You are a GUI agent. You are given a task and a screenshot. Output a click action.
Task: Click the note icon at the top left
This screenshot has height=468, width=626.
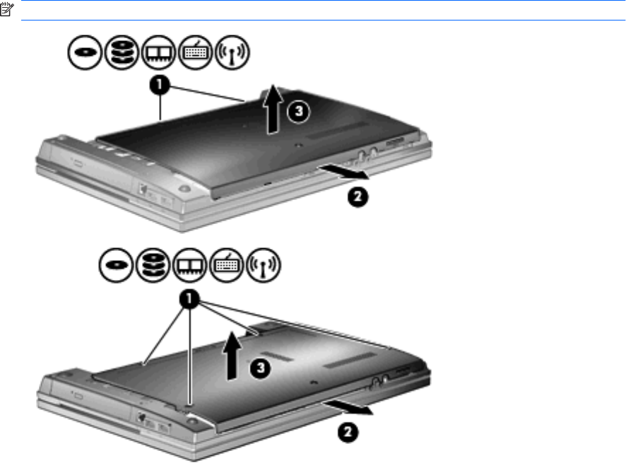[x=7, y=10]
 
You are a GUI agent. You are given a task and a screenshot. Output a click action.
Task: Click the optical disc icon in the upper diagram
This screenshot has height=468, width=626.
[x=85, y=52]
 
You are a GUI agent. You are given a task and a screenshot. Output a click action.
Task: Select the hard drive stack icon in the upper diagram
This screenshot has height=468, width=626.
[x=122, y=52]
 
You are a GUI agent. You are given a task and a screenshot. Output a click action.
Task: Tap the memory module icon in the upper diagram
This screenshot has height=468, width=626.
[x=158, y=52]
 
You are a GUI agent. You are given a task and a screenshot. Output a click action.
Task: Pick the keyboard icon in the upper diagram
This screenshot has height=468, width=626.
[x=195, y=52]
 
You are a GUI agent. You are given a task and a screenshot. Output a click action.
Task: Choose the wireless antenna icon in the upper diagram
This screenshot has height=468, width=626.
[x=232, y=52]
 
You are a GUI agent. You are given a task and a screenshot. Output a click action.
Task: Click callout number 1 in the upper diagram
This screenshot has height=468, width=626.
[x=160, y=85]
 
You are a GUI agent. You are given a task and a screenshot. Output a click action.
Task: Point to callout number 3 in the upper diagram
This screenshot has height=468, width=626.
[x=299, y=111]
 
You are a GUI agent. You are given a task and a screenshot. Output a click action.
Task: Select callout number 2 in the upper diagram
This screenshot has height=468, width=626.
[x=358, y=197]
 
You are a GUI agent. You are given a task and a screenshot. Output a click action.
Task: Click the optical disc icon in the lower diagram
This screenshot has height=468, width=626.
[x=116, y=265]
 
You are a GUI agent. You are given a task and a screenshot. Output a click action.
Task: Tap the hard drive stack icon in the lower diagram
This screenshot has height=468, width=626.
[x=153, y=265]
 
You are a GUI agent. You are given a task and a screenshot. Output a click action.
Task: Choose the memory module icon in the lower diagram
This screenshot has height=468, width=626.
[x=189, y=265]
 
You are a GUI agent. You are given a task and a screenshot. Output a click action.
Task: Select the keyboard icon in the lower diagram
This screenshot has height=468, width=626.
[x=226, y=265]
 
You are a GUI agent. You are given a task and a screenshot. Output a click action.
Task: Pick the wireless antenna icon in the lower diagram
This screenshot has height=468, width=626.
[x=264, y=265]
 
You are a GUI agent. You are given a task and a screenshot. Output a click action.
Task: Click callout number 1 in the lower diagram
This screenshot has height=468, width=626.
[x=189, y=299]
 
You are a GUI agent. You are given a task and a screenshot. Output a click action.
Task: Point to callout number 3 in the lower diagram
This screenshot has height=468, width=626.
[x=260, y=368]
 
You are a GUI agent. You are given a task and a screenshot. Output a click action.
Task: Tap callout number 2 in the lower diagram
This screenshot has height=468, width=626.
[x=348, y=432]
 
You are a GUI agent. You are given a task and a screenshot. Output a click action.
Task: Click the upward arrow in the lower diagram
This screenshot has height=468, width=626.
[x=232, y=356]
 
